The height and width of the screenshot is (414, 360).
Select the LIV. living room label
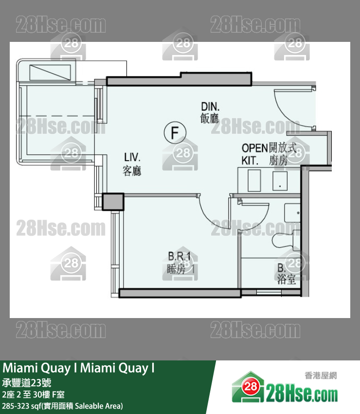coord(132,164)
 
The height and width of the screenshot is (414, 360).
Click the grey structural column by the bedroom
coord(114,201)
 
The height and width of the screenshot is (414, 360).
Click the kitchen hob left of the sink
coord(254,179)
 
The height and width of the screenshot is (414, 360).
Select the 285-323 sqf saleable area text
coord(62,405)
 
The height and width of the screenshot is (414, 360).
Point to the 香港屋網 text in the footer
coord(321,376)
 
